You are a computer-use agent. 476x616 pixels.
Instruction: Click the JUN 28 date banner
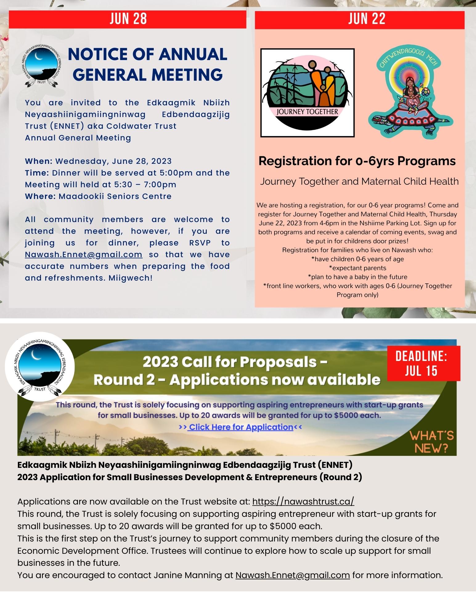(x=128, y=19)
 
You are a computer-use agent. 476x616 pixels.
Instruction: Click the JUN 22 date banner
(x=360, y=19)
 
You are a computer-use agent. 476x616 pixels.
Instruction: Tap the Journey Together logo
(x=307, y=93)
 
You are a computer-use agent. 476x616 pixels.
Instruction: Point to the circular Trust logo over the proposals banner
(x=40, y=366)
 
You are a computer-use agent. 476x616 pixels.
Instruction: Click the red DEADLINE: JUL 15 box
(x=421, y=363)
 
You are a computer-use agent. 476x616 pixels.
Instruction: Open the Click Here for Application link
(x=241, y=427)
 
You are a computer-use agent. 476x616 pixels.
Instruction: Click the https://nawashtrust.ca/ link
(x=303, y=502)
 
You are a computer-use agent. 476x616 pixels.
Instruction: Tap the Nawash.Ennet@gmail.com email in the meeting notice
(x=83, y=255)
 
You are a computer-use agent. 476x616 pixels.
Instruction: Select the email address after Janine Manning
(x=293, y=575)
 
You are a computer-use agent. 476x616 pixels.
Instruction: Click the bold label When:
(x=39, y=161)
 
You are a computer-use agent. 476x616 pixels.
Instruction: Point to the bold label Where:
(x=41, y=196)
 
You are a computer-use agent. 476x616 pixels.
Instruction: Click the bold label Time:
(x=37, y=173)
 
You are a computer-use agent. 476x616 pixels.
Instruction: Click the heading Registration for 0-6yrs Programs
(x=357, y=161)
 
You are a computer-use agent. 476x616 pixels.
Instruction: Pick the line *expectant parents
(x=357, y=268)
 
